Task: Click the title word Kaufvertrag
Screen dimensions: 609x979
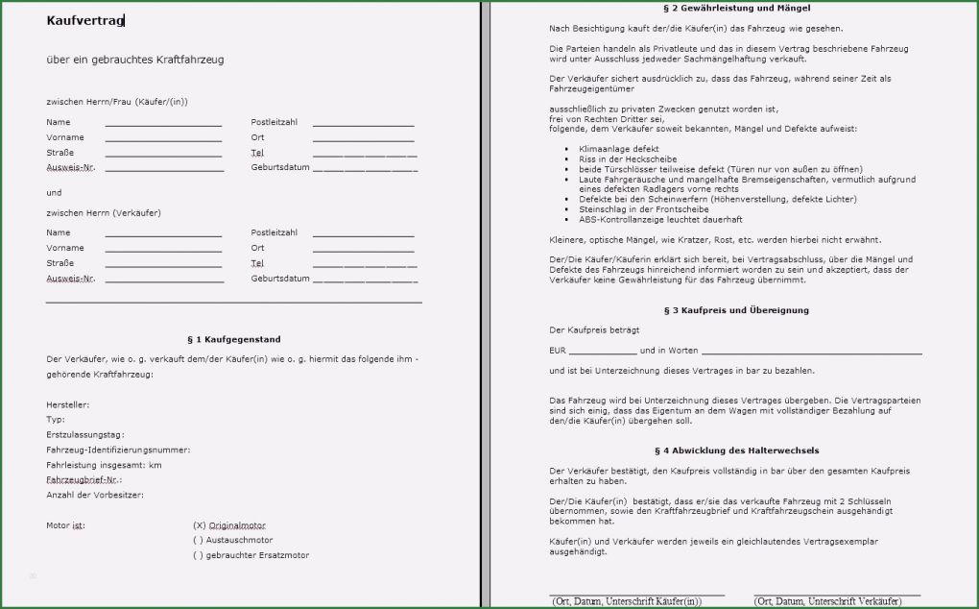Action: (x=84, y=20)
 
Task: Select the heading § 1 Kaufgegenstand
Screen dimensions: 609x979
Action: (x=234, y=339)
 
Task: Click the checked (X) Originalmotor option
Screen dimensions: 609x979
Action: (x=229, y=525)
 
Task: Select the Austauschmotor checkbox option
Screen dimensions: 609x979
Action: (x=233, y=540)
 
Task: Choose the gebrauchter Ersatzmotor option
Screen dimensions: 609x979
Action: (x=251, y=555)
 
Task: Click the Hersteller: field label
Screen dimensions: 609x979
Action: (x=67, y=404)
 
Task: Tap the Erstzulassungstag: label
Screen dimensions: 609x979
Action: (x=84, y=434)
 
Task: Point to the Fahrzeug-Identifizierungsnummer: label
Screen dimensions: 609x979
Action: (x=118, y=450)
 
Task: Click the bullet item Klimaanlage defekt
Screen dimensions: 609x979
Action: (x=618, y=149)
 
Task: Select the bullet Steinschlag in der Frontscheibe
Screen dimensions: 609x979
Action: (x=643, y=208)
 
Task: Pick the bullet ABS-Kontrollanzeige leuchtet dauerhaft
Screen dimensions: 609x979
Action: (x=660, y=219)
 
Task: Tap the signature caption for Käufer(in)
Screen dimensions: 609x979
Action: (x=627, y=601)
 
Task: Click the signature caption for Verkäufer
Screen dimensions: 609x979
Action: (x=827, y=601)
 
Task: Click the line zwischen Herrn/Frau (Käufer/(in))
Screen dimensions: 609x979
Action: (x=117, y=101)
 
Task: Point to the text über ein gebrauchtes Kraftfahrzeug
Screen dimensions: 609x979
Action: (x=135, y=60)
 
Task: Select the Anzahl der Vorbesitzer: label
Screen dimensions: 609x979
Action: (x=95, y=495)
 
